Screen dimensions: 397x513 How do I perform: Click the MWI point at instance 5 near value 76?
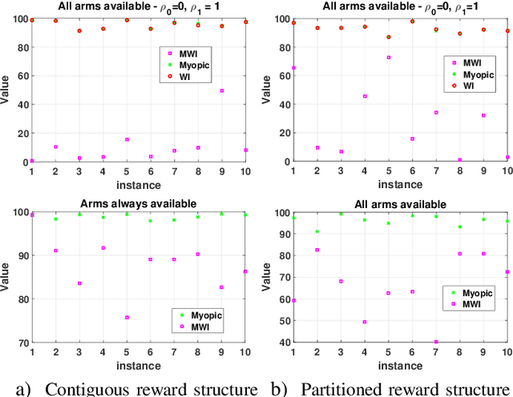127,318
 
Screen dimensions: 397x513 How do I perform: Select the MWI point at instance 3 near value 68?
341,282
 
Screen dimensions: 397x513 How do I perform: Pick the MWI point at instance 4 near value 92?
103,248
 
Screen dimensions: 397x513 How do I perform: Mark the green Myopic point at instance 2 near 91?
317,232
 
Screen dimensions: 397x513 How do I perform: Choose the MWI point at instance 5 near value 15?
127,140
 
